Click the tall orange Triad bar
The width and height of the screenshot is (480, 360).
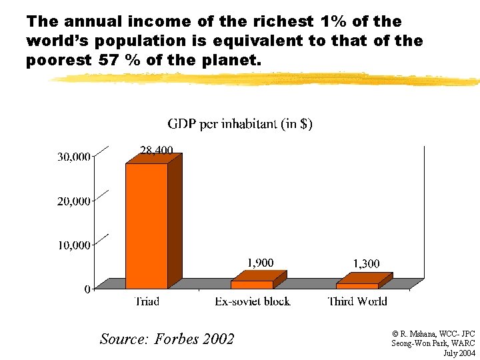[147, 225]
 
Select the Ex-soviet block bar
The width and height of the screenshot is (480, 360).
[252, 284]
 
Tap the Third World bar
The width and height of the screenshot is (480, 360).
[357, 285]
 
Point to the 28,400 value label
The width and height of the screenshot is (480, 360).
[156, 149]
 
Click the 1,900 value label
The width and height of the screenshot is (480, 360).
[260, 263]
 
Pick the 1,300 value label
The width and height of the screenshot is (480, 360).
[366, 264]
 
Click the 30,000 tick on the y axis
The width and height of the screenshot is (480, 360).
[74, 157]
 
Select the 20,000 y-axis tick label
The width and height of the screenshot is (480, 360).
[74, 201]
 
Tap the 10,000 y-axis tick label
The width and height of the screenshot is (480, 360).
[74, 245]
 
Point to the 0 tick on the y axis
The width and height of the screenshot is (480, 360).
[87, 289]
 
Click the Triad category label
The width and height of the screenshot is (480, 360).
[147, 301]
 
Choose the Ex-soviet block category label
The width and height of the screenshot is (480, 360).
[252, 301]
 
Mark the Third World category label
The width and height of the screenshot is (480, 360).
[357, 301]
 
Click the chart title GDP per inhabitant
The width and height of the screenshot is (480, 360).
[240, 124]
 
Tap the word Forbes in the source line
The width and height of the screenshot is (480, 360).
[178, 339]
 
